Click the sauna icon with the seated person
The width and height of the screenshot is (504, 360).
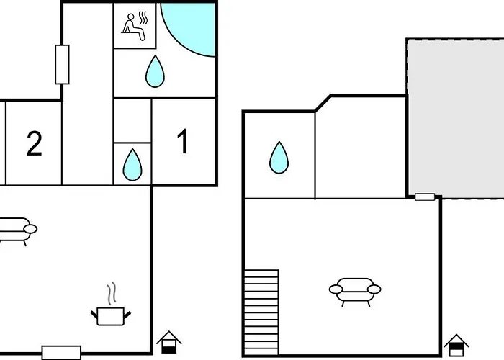pos(135,26)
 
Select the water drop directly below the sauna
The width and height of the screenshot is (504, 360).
pos(155,71)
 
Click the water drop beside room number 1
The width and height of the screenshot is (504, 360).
pos(132,165)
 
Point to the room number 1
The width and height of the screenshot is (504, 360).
pos(183,141)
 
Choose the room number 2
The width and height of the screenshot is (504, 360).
pos(34,144)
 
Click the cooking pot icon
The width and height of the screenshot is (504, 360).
pos(111,316)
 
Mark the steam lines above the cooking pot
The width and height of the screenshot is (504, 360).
pos(111,294)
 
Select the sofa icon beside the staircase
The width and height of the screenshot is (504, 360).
pos(355,291)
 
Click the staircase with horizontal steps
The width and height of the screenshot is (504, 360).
pos(261,312)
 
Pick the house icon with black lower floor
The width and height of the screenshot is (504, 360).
pos(169,342)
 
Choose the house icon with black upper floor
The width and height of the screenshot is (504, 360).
pos(456,346)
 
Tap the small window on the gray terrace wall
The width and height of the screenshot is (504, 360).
pos(425,197)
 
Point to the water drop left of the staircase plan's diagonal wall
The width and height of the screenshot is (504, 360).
pos(279,158)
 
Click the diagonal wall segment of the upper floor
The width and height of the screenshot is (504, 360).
pos(323,104)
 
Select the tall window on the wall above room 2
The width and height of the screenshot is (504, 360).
pos(62,65)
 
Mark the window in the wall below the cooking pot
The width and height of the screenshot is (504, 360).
pos(61,353)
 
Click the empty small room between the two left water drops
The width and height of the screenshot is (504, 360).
pos(132,120)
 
